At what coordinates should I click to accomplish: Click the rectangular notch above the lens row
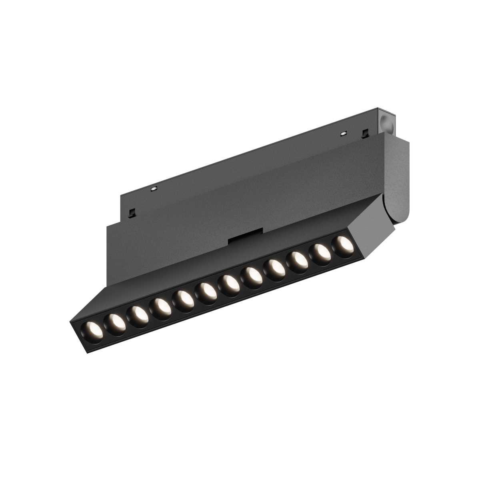pos(245,237)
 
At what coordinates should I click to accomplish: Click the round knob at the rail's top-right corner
pos(386,119)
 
